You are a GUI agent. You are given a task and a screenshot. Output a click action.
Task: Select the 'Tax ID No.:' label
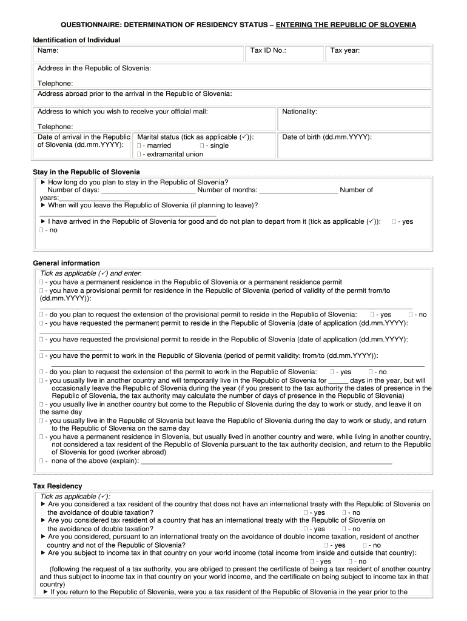[267, 51]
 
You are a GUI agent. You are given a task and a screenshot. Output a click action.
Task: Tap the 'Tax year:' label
[345, 51]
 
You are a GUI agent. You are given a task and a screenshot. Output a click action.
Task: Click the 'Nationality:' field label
[300, 112]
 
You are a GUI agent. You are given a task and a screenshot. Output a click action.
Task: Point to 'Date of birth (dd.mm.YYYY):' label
[327, 137]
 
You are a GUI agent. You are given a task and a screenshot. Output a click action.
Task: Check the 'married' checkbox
[139, 146]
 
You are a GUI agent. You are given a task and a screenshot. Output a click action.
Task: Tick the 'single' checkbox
[201, 146]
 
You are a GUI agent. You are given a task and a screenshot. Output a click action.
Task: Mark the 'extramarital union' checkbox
[139, 155]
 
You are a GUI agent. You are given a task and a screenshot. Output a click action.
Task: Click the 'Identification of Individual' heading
[76, 40]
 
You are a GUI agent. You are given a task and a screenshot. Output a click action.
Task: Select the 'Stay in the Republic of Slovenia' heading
[86, 172]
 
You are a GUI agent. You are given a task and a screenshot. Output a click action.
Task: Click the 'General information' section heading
[66, 263]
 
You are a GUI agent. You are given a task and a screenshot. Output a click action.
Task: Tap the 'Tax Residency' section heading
[57, 486]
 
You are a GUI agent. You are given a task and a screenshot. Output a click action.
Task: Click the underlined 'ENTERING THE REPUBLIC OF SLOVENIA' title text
[346, 25]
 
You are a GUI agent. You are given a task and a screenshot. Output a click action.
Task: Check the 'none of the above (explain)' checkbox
[41, 461]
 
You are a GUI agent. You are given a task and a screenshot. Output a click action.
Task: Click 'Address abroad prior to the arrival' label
[135, 94]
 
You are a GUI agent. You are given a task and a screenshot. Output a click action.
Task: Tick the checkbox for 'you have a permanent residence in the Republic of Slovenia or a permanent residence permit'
[41, 282]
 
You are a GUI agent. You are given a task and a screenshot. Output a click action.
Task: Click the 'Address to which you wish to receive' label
[123, 112]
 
